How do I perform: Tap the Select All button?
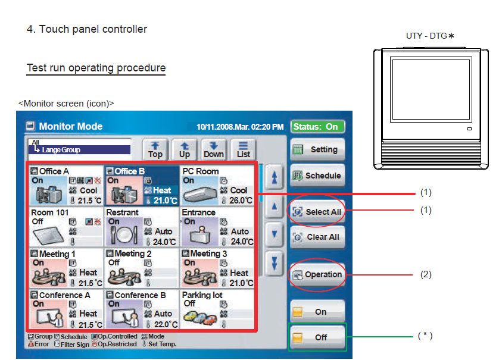[317, 212]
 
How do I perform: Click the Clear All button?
[317, 237]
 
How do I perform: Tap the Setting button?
[317, 149]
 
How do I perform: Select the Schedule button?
[317, 176]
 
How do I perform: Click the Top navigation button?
[155, 149]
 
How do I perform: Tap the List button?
[243, 149]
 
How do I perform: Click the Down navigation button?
[214, 149]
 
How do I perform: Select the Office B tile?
[141, 186]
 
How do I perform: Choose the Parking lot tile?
[217, 309]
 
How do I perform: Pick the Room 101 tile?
[66, 226]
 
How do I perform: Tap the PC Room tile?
[217, 186]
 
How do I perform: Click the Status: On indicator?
[318, 127]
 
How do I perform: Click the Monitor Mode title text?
[70, 126]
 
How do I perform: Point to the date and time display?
[240, 127]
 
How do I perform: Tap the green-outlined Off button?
[317, 337]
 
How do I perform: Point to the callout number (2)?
[426, 275]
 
